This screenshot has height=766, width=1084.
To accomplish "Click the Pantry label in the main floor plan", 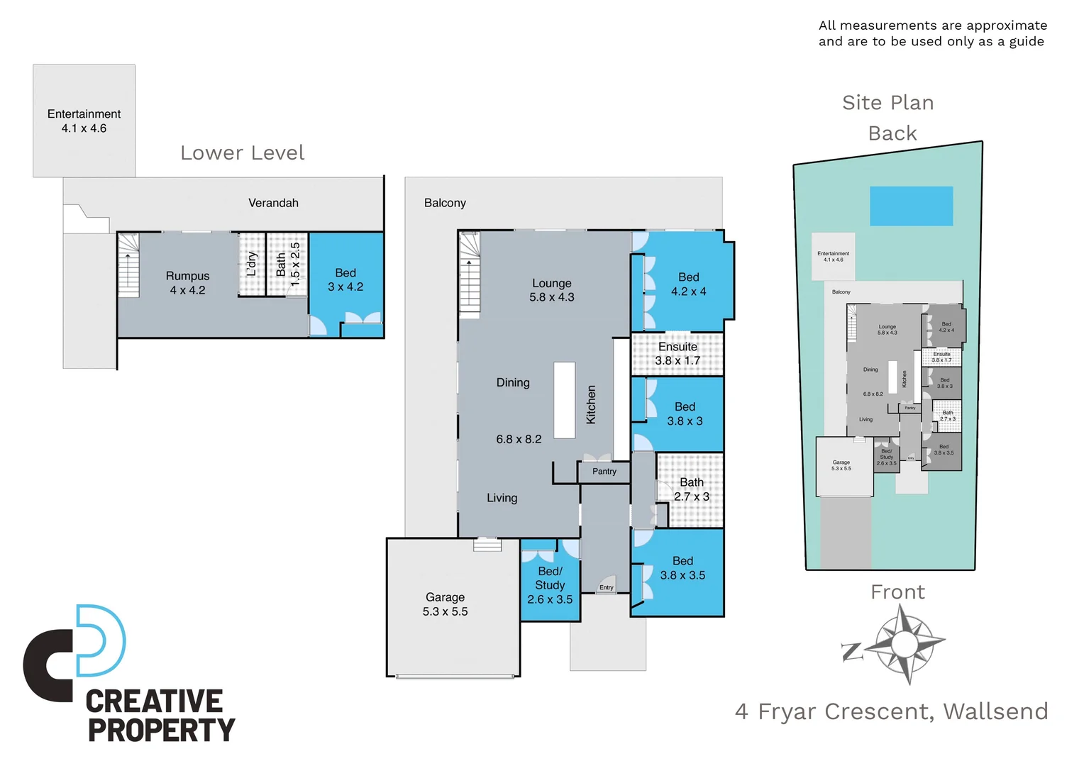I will pos(604,472).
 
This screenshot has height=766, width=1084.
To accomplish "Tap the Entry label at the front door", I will pos(607,587).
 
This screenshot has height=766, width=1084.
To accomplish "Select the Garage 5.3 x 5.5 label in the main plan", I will pos(445,604).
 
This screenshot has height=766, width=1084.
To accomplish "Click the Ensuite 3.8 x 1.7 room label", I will pos(677,353).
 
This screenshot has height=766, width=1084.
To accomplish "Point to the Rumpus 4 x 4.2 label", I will pos(187,283).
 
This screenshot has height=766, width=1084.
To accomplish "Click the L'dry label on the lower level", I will pos(251,264).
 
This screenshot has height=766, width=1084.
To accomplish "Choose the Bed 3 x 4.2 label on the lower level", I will pos(345,279).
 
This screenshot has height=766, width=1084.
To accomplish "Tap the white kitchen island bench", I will pos(565,400).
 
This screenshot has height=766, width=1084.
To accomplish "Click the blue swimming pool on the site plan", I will pos(911,206).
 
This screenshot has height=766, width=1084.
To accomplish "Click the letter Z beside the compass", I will pos(852,652).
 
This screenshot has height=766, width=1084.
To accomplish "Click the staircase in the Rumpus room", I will pos(128,265).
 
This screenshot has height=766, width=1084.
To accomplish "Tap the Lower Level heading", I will pos(242,153).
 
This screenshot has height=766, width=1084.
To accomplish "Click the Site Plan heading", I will pos(887,103).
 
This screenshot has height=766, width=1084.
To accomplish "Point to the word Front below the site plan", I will pos(897,592).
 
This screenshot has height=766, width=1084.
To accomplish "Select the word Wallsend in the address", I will pos(995,711).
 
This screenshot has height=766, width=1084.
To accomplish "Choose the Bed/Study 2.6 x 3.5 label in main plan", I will pos(550,585).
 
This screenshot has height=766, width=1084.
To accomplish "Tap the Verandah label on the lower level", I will pos(273,203).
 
